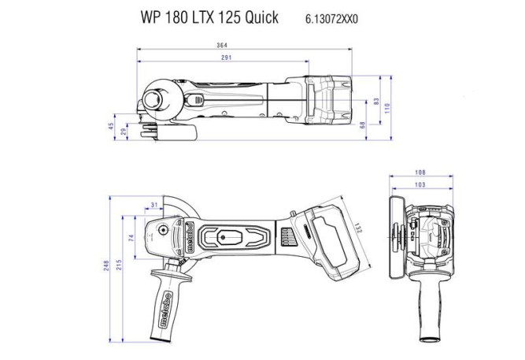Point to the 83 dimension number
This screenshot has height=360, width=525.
[x=377, y=102]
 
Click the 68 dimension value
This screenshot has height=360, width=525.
[x=363, y=124]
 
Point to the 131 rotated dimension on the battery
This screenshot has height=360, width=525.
[x=356, y=228]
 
